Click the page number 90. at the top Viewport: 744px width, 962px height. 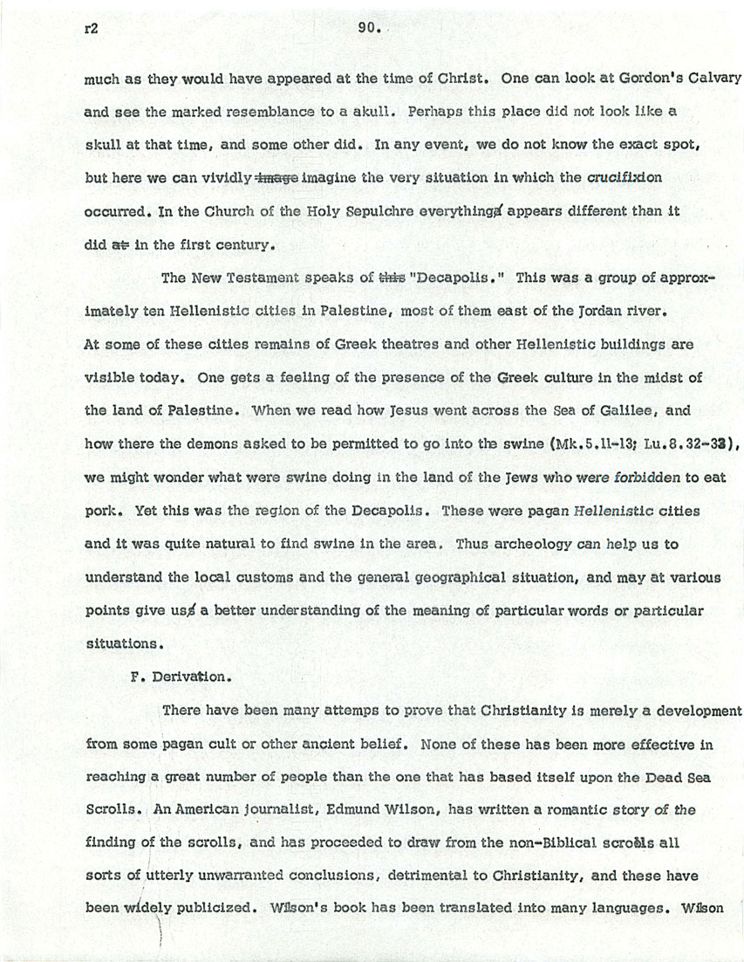click(370, 28)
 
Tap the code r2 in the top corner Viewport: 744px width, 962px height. click(90, 28)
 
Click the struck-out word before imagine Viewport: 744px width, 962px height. click(276, 176)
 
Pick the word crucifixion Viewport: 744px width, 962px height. click(624, 176)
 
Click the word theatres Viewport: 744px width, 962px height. click(413, 344)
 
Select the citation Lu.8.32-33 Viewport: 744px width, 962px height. click(691, 443)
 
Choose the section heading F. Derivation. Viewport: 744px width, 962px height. click(179, 677)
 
